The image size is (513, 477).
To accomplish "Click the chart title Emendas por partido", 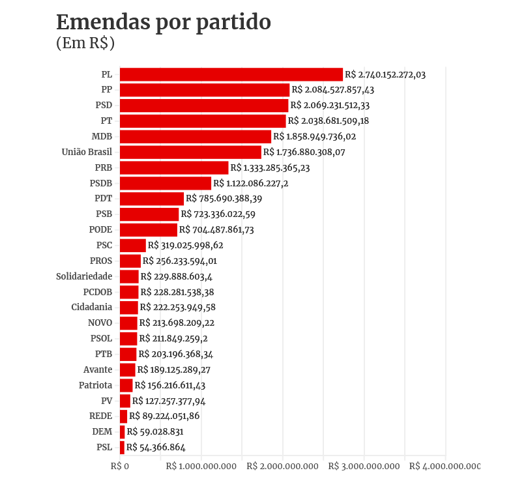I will (163, 22).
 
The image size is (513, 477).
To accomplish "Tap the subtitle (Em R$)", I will (85, 44).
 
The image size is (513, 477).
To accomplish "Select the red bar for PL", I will (231, 74).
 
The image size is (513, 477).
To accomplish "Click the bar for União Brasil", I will (190, 152).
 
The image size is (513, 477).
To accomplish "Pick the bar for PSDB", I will (166, 183).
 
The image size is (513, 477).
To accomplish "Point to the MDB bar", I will (195, 136).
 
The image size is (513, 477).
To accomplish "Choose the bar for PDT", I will (152, 199).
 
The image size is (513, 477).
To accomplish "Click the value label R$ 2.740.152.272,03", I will (385, 75).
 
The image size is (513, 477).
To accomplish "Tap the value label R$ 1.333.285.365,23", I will (270, 168).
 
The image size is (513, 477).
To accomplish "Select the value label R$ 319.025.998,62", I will (186, 246).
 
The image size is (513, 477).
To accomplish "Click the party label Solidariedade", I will (84, 276).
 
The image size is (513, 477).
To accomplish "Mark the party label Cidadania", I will (92, 307).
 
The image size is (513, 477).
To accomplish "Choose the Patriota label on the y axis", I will (96, 385).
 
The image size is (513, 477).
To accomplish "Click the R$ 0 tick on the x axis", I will (120, 467).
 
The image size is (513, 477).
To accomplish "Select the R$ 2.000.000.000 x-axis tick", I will (283, 467).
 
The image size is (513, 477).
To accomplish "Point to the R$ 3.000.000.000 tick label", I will (364, 467).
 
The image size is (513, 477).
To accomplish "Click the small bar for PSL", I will (122, 447).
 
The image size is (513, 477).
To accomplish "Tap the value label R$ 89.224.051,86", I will (164, 416).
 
